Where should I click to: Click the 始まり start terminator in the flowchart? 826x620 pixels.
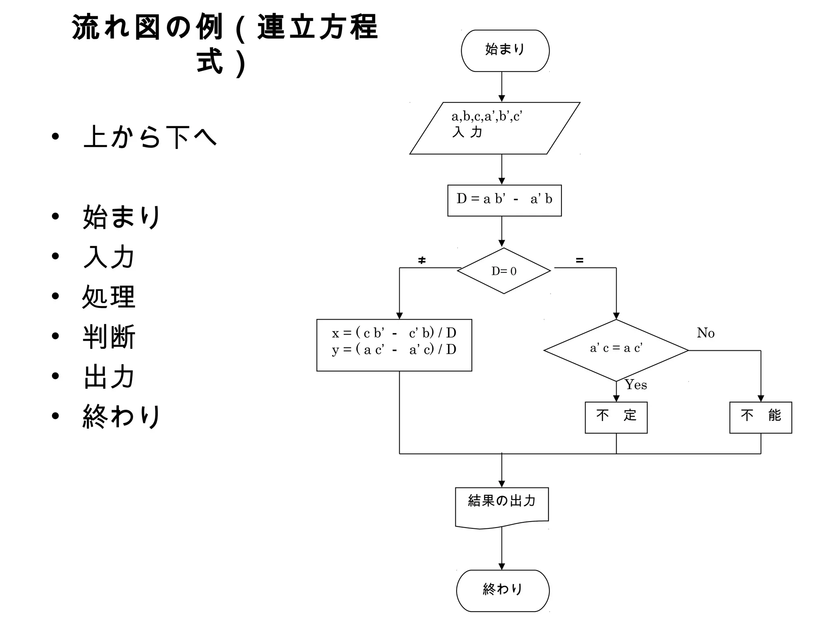click(x=505, y=50)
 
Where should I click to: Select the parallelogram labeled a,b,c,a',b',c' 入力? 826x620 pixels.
click(x=494, y=128)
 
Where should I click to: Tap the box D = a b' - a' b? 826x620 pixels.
click(x=504, y=200)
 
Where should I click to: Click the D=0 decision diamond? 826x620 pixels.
click(x=504, y=270)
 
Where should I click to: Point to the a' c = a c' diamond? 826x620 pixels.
click(x=616, y=350)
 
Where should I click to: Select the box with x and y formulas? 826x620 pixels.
click(x=394, y=345)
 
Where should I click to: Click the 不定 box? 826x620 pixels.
click(x=616, y=417)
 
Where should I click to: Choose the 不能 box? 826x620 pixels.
click(x=760, y=417)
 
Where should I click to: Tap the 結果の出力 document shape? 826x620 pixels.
click(x=502, y=507)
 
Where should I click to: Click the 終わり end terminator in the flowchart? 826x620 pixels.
click(x=503, y=590)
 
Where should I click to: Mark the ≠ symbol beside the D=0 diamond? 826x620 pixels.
click(x=422, y=260)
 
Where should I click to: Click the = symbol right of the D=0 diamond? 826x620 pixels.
click(x=580, y=260)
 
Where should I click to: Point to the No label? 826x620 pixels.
click(x=705, y=333)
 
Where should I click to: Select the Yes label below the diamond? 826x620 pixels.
click(x=636, y=385)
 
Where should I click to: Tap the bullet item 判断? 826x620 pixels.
click(x=109, y=337)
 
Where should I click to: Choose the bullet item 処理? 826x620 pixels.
click(x=109, y=297)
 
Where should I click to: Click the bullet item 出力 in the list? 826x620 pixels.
click(x=109, y=377)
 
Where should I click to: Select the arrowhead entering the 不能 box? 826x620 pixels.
click(x=761, y=398)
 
